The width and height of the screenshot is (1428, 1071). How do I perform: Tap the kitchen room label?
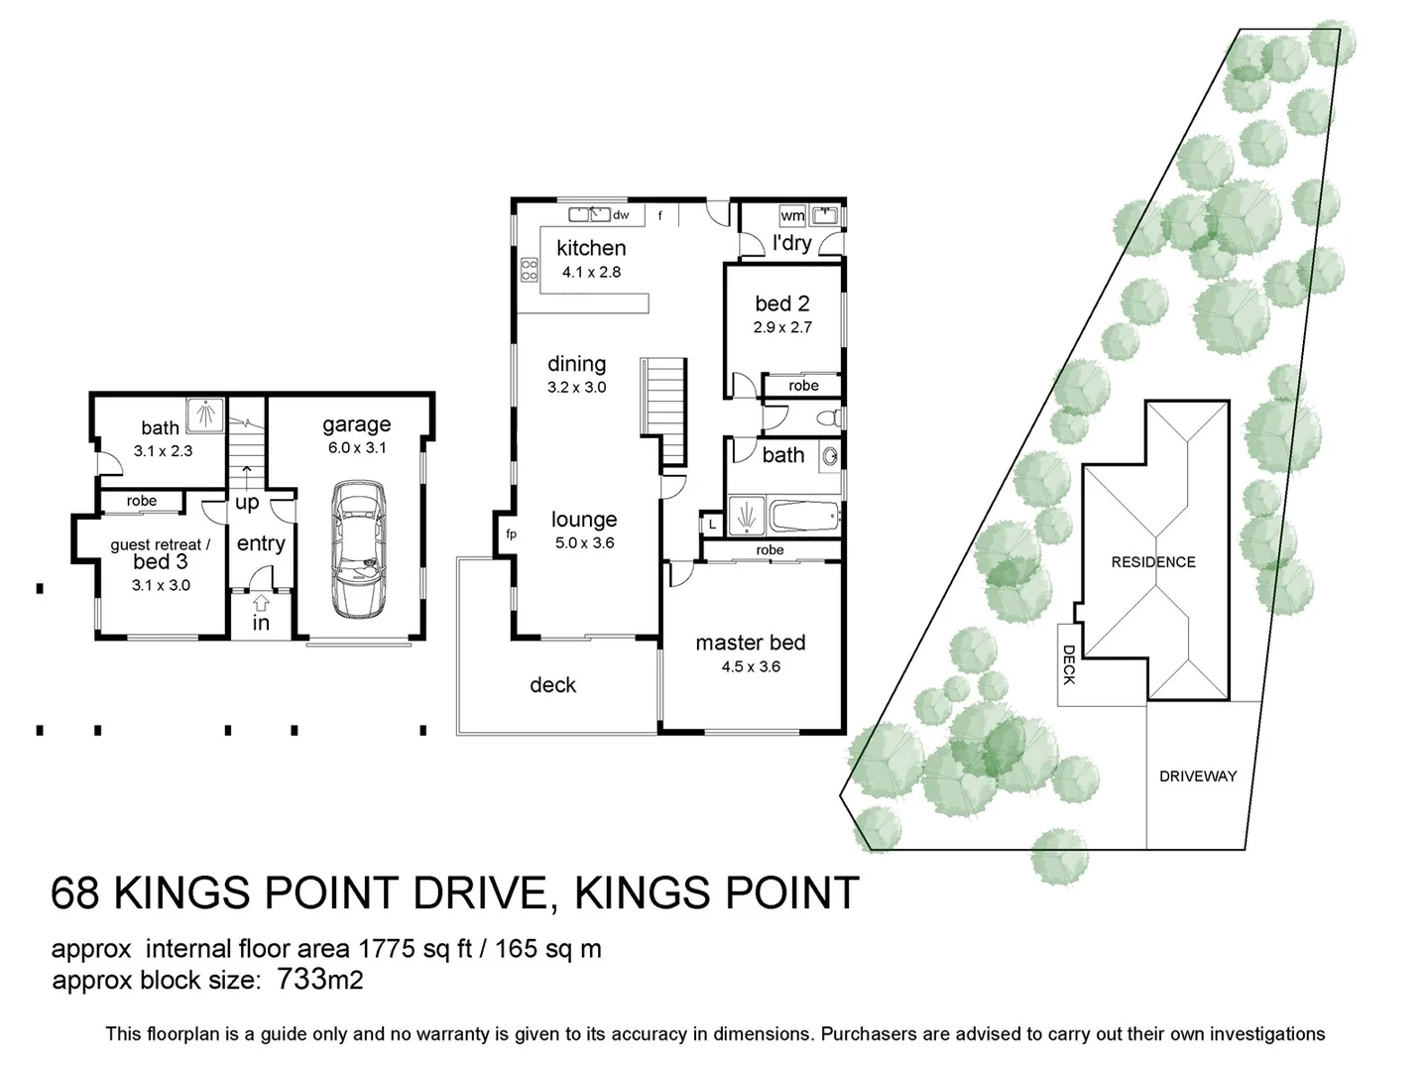click(591, 248)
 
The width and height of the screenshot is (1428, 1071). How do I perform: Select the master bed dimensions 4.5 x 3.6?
click(751, 666)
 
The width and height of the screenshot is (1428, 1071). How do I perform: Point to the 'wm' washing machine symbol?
click(792, 215)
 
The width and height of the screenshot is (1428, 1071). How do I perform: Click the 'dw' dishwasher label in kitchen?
click(621, 214)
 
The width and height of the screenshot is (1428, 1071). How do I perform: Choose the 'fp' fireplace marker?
click(512, 534)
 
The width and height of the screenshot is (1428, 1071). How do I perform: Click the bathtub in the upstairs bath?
click(803, 516)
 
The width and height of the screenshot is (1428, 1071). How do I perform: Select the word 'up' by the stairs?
click(247, 503)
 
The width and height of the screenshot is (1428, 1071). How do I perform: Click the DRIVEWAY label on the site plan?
click(1198, 776)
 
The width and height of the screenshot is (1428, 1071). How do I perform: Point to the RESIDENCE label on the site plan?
click(1153, 562)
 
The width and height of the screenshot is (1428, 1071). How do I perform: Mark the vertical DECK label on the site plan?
click(1069, 664)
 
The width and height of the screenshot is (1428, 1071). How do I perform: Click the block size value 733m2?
click(320, 980)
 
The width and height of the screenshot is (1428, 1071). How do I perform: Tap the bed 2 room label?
click(782, 303)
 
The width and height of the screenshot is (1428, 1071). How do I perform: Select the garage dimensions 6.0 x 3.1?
click(357, 447)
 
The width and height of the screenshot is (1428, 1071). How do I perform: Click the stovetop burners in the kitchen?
click(530, 269)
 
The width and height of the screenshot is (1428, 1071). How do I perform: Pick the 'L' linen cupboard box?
click(712, 525)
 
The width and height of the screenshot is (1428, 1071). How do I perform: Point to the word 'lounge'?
click(584, 520)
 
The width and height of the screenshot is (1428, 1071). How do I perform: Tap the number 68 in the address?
click(75, 893)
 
